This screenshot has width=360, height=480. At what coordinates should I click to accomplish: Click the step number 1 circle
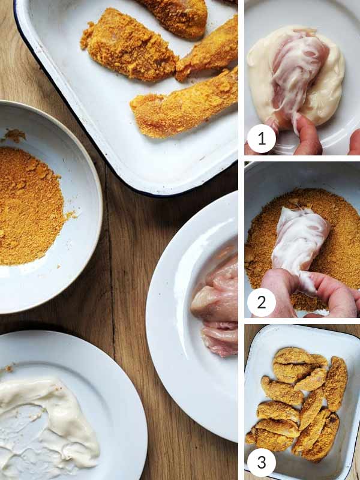coord(261,139)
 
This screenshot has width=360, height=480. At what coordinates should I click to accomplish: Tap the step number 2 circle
coord(261,302)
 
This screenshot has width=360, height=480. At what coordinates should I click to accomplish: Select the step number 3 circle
coord(261,463)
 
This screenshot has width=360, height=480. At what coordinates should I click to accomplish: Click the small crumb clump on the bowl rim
coord(14,135)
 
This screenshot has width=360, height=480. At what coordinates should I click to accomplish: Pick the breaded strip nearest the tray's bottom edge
coord(183,105)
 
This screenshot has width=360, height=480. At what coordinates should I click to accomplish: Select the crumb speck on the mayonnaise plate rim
coord(9,367)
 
